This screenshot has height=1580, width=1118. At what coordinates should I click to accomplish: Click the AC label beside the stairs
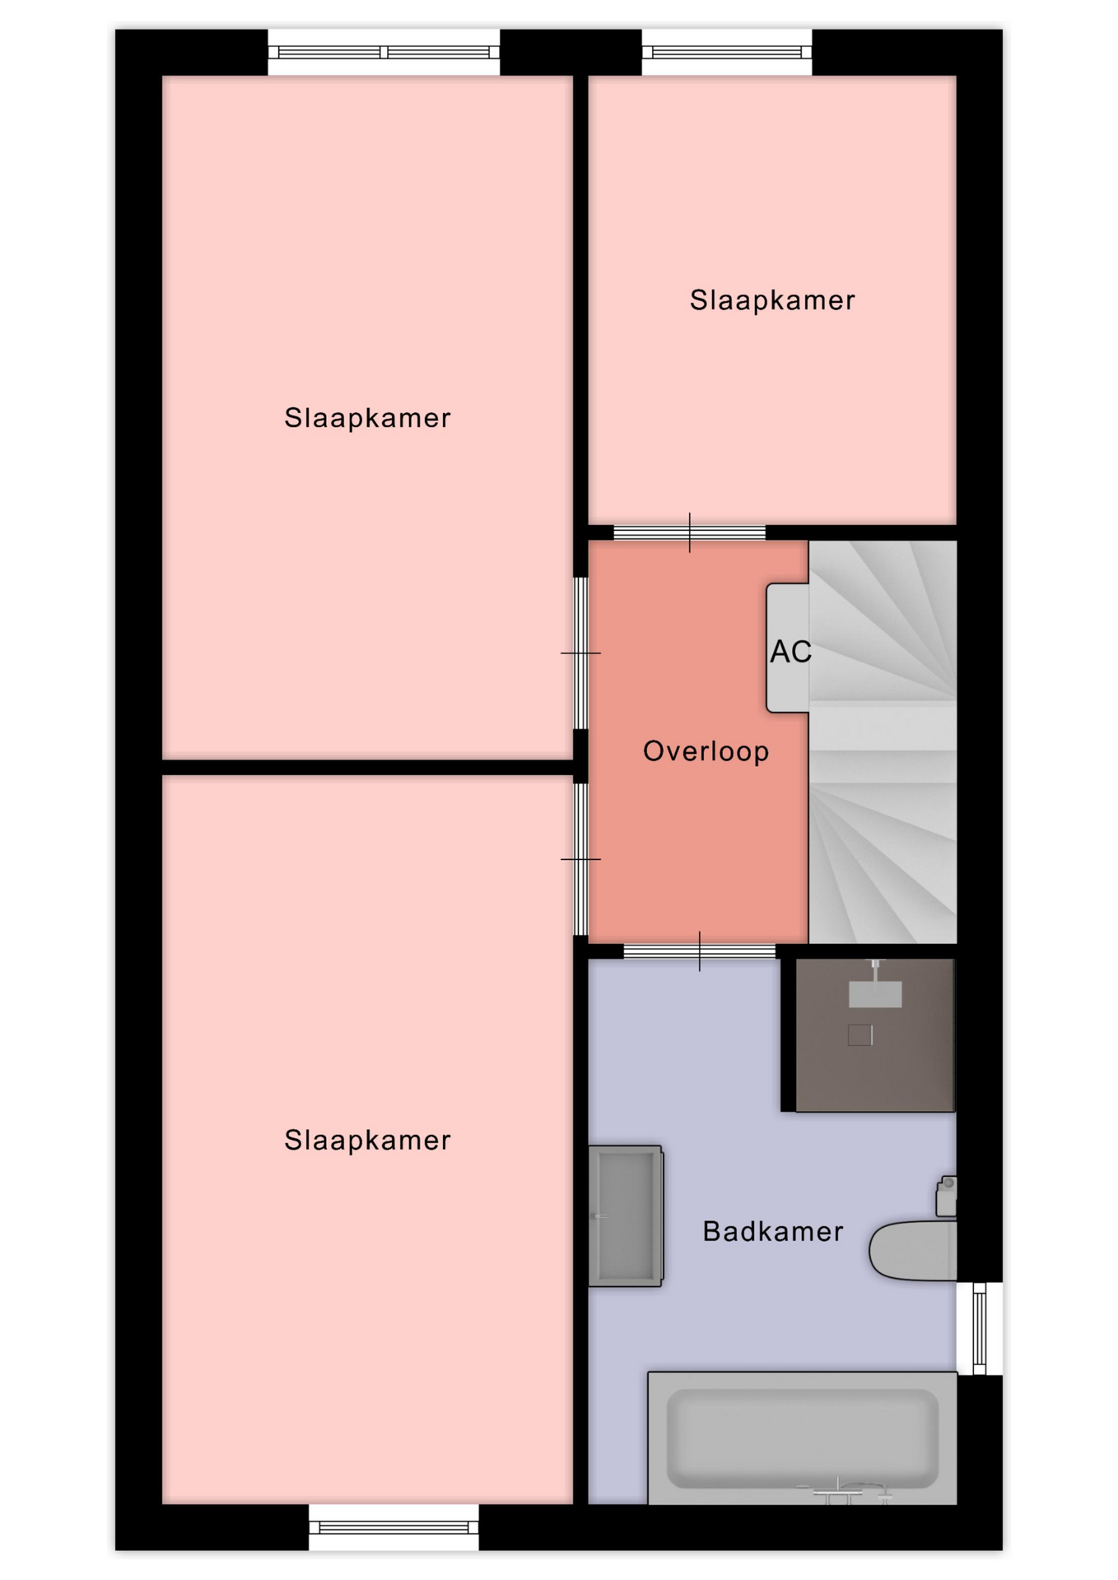coord(790,652)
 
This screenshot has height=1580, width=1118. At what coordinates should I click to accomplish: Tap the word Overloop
coord(706,751)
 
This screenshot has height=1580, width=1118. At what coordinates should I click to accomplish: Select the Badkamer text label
coord(773,1231)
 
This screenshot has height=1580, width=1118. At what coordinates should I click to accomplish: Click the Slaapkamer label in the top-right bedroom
coord(772,300)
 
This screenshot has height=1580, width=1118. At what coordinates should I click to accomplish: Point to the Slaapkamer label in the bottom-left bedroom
coord(367,1140)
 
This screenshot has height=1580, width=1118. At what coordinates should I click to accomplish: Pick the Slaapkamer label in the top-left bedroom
coord(367,417)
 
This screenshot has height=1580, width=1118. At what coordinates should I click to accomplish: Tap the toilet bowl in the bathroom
coord(913,1250)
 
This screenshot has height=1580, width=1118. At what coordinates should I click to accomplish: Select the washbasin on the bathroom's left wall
coord(626,1215)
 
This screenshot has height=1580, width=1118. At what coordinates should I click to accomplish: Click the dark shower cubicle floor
coord(875,1035)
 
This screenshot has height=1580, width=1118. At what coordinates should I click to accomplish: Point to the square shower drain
coord(860,1034)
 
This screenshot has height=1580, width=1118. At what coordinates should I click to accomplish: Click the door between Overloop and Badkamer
coord(700,951)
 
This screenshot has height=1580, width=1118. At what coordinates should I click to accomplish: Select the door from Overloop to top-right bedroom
coord(690,532)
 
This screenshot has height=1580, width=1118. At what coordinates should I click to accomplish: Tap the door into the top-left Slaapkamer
coord(580,653)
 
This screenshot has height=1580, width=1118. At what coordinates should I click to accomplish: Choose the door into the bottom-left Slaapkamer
coord(580,859)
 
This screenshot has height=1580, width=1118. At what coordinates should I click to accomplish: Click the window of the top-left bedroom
coord(384,53)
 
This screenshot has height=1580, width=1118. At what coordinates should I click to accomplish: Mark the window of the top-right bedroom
coord(727,53)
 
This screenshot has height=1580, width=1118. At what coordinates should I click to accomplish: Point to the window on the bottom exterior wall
coord(394,1528)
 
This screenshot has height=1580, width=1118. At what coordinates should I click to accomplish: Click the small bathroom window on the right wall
coord(980,1327)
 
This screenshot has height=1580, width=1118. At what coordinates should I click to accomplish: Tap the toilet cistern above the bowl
coord(947,1197)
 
